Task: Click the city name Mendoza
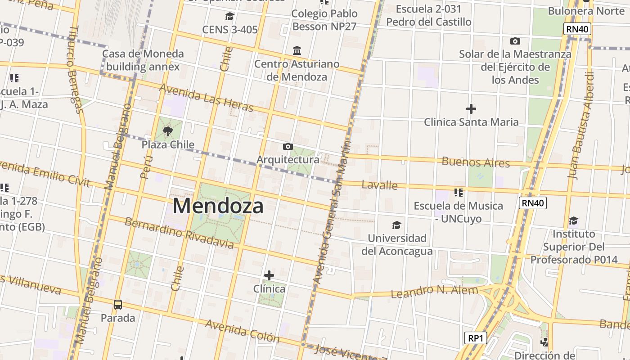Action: tap(218, 206)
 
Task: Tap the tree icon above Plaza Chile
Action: tap(168, 131)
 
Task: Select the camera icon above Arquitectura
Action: tap(288, 146)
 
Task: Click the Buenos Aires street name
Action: tap(476, 162)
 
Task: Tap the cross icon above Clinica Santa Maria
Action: tap(471, 109)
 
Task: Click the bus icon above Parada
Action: tap(118, 305)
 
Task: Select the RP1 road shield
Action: tap(476, 337)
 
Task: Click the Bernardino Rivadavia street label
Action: tap(179, 233)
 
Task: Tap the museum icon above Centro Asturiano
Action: tap(297, 50)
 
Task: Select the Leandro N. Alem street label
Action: tap(434, 291)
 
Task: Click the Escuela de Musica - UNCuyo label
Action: tap(458, 212)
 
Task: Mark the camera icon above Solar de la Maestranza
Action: tap(515, 41)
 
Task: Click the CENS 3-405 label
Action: tap(229, 30)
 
